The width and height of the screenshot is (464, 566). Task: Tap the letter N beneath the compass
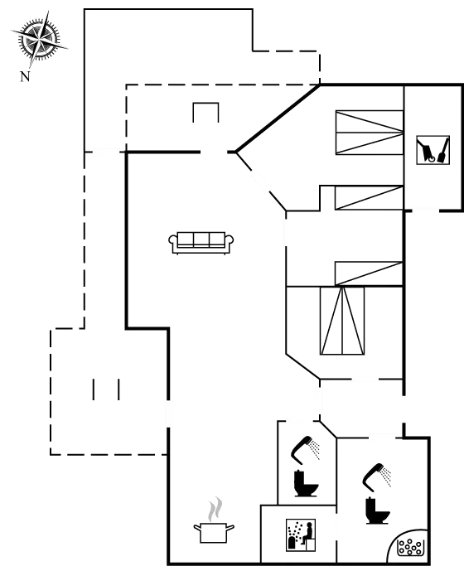(25, 79)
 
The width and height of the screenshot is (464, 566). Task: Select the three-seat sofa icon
(199, 242)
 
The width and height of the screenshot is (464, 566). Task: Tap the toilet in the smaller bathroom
(305, 483)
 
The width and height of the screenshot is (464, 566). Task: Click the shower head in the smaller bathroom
(308, 447)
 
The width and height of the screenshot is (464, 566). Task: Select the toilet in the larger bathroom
(377, 508)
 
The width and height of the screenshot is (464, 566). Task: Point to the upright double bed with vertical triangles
(343, 321)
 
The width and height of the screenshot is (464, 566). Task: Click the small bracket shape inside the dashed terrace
(205, 112)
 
